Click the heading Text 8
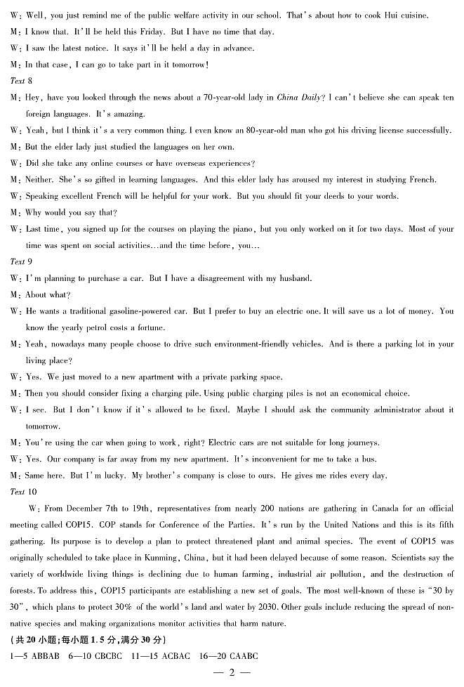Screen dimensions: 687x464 18,81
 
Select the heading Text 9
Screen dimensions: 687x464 18,261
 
